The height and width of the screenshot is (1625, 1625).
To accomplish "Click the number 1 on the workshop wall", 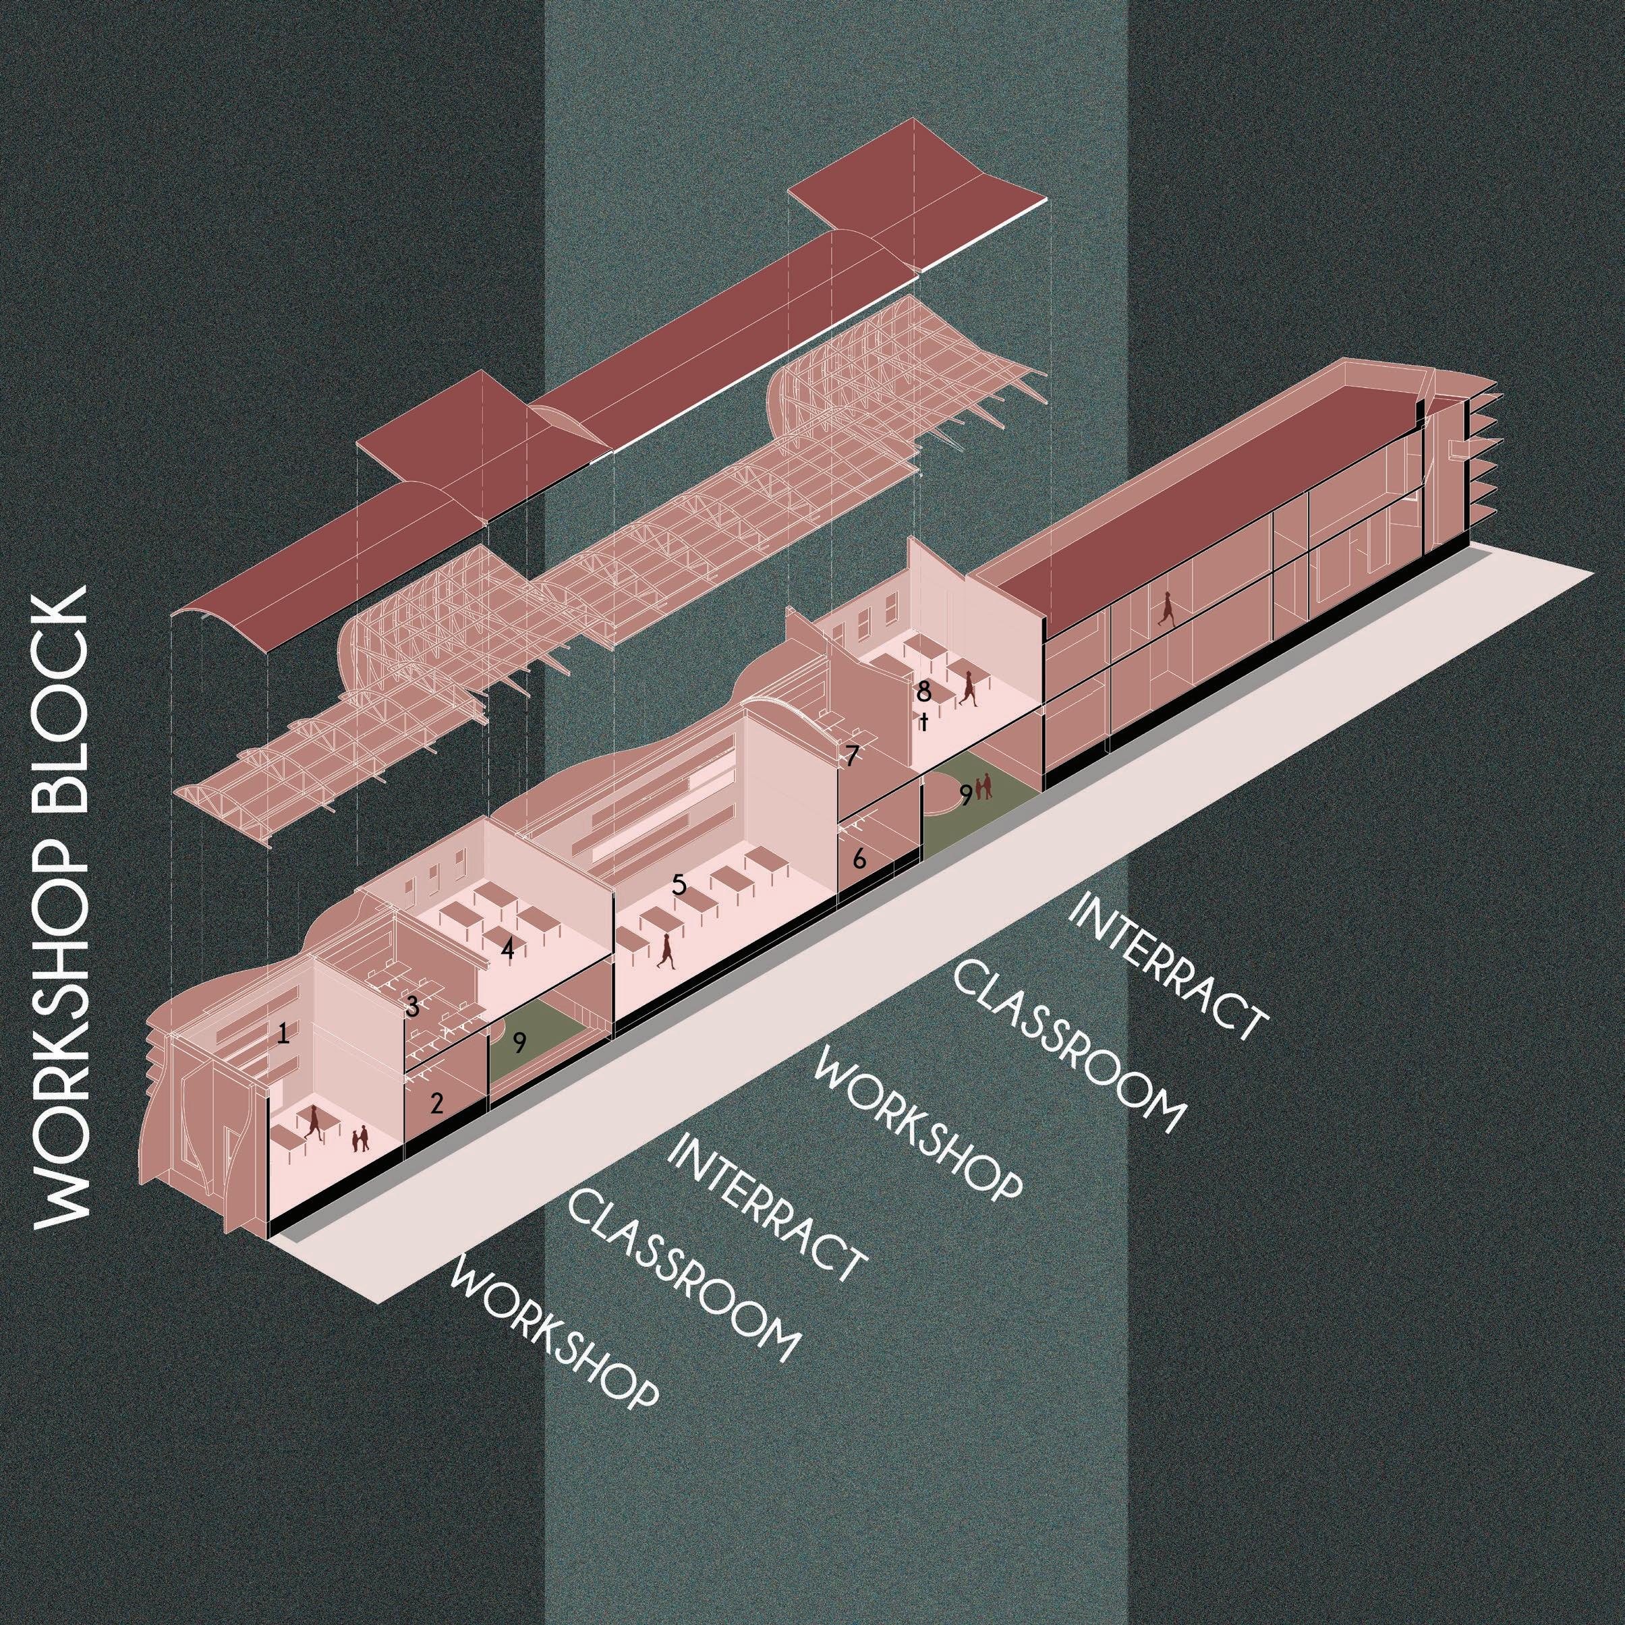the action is [x=283, y=1033].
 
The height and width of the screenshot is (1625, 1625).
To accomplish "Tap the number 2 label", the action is [x=436, y=1104].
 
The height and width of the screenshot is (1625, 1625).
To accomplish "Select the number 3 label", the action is [x=412, y=1007].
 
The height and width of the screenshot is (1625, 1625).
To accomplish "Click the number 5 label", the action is [x=679, y=884].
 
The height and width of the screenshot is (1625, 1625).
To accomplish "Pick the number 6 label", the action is [x=859, y=859].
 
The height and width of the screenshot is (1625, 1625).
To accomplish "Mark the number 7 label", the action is [x=851, y=756].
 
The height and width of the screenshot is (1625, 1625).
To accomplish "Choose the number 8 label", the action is [x=923, y=692].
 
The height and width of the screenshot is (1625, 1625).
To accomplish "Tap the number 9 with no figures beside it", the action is [x=520, y=1043].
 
